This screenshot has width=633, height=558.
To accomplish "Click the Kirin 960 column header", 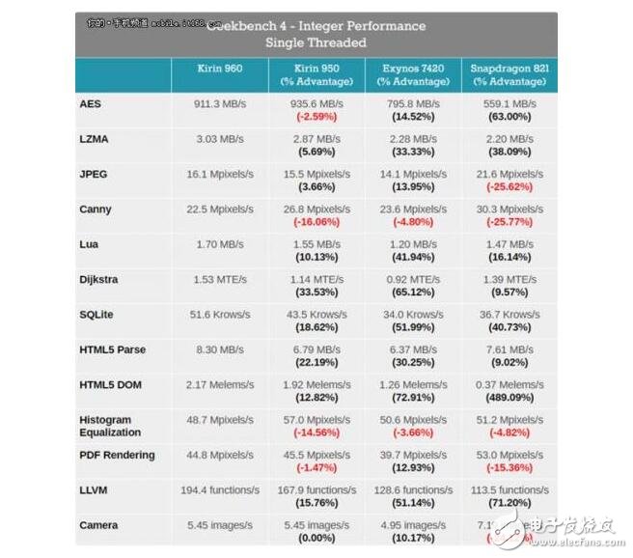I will coord(219,70).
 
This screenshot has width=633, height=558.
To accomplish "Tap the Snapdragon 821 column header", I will coord(509,70).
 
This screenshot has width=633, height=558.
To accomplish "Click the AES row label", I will coord(90,104).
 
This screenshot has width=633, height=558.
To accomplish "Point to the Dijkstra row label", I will coord(100,279).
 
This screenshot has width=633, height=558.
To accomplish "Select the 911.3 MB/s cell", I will coord(219,104).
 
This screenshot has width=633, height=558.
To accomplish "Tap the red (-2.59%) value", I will coord(316,117).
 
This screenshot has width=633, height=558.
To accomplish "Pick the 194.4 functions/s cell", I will coord(219,490).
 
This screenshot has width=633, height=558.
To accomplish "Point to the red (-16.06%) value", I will coord(316,222).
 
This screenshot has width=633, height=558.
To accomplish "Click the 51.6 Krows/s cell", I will coord(219,315).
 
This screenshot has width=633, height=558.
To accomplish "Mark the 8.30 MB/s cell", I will coord(219,349).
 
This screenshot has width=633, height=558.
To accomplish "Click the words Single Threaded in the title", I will coord(316,43).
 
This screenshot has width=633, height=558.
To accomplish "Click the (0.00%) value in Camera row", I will coord(316,538).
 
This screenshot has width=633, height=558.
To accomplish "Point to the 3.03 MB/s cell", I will coord(219,139).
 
